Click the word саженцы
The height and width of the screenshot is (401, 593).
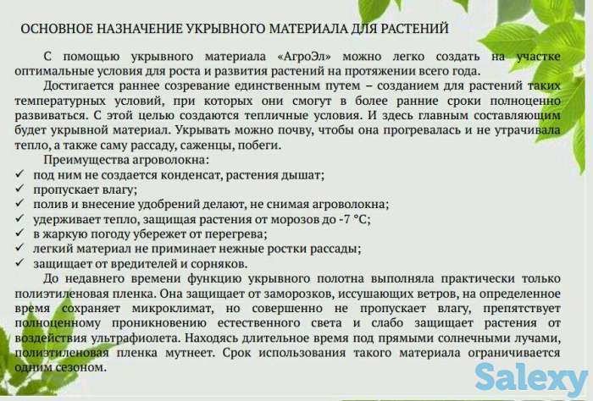(x=196, y=145)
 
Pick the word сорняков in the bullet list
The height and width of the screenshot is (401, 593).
(x=216, y=264)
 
